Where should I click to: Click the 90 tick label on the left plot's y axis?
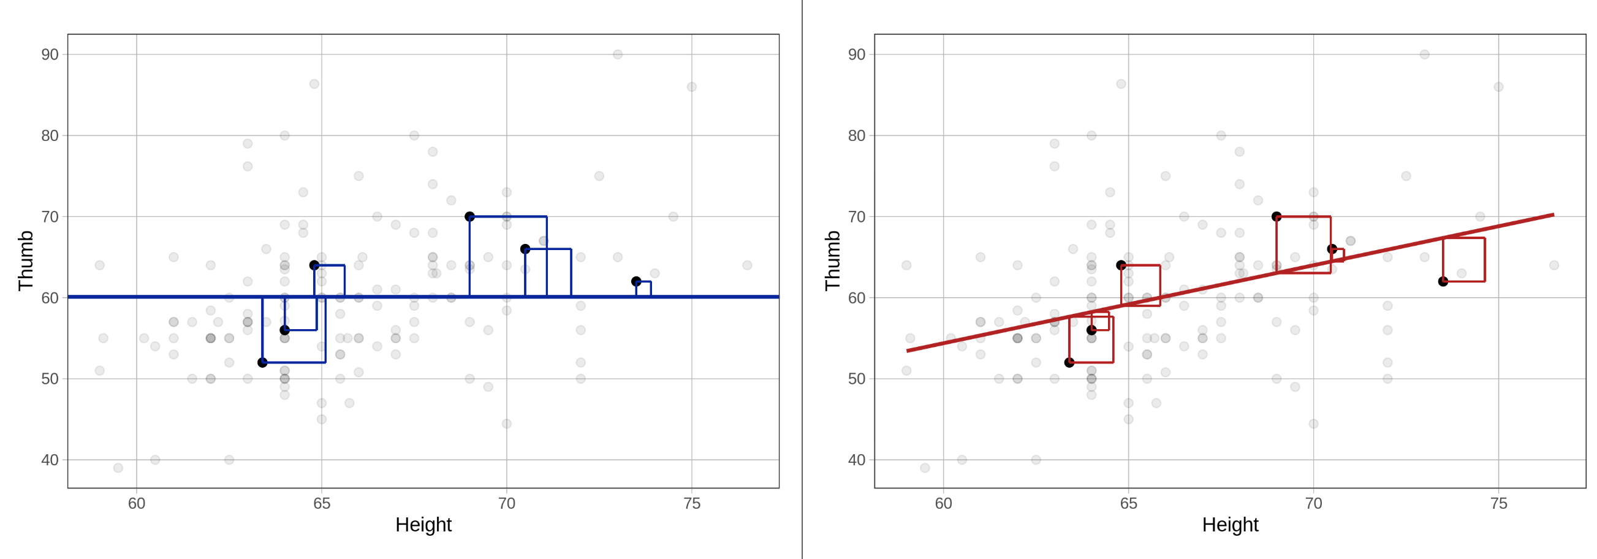(x=50, y=55)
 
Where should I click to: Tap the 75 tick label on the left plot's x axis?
(x=691, y=503)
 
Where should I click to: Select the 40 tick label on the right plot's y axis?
(x=856, y=460)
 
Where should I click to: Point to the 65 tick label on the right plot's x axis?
(x=1128, y=503)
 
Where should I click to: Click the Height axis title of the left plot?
(x=423, y=525)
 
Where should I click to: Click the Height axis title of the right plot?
(x=1230, y=525)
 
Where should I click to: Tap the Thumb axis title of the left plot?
(x=25, y=260)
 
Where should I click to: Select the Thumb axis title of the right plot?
(x=832, y=260)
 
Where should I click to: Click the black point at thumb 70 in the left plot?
(x=469, y=216)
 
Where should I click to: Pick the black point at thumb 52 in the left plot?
(x=262, y=362)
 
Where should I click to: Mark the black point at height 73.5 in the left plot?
(x=636, y=281)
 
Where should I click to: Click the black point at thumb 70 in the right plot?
(x=1276, y=216)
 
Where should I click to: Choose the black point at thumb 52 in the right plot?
(x=1069, y=362)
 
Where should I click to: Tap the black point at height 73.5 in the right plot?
(x=1443, y=281)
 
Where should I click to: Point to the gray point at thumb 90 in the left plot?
(x=618, y=55)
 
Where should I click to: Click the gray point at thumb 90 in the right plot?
(x=1424, y=55)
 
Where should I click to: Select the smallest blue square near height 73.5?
(x=643, y=289)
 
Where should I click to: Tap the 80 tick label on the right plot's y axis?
(x=856, y=135)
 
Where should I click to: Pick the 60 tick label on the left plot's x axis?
(x=137, y=503)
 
